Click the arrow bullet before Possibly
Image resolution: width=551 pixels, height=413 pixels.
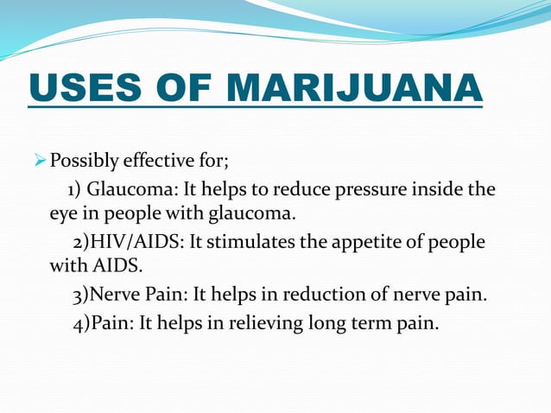(37, 162)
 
